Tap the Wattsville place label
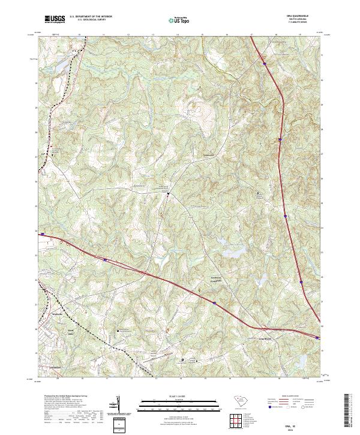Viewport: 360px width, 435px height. [57, 313]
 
